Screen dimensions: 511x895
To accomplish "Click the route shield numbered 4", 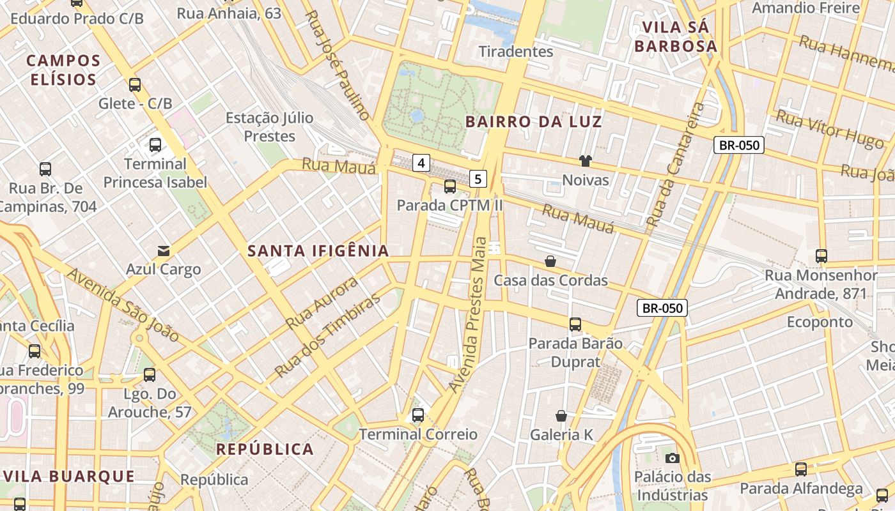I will click(421, 163).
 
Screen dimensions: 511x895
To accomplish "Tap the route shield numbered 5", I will click(478, 179).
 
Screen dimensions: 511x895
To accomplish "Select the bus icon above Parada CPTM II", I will click(450, 187).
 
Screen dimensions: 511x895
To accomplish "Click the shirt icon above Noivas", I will click(585, 161).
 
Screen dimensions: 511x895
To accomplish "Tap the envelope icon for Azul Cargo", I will click(164, 250).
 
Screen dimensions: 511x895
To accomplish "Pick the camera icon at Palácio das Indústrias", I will click(672, 458).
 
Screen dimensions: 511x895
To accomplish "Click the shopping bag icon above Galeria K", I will click(561, 416).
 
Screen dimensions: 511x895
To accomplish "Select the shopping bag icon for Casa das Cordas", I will click(550, 261).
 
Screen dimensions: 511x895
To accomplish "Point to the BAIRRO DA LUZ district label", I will click(534, 121).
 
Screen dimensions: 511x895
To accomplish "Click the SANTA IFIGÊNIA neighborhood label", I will click(318, 251).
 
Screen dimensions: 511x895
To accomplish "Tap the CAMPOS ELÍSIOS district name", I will click(63, 70).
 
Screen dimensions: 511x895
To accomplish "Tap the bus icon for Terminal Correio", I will click(418, 415).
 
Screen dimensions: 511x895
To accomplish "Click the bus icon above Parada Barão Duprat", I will click(575, 324).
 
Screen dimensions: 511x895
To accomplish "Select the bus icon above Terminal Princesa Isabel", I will click(155, 145).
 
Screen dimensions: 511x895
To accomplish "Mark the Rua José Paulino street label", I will click(336, 66).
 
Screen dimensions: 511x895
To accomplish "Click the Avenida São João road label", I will click(123, 305).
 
